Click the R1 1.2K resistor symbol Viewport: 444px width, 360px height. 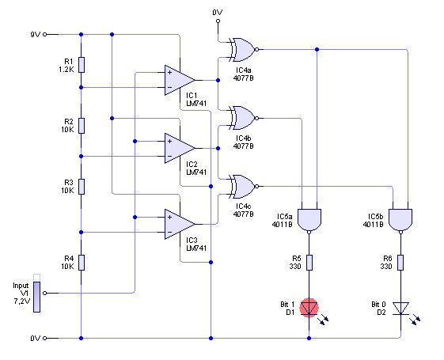click(x=82, y=65)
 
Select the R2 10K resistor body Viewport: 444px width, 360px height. click(x=82, y=126)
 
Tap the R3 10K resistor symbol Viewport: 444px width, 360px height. click(x=82, y=187)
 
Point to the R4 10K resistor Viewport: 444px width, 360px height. click(x=82, y=263)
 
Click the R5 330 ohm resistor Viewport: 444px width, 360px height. click(x=309, y=263)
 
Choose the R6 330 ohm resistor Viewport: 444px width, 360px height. click(x=400, y=263)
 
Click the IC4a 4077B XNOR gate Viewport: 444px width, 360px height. click(x=244, y=50)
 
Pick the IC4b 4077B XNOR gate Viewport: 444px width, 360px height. click(x=244, y=118)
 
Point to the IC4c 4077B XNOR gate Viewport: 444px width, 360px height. click(x=244, y=187)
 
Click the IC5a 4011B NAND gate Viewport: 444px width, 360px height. click(x=309, y=221)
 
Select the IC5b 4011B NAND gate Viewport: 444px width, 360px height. click(x=400, y=221)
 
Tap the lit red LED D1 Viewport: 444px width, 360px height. click(x=309, y=308)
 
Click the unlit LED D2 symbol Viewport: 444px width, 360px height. click(x=400, y=309)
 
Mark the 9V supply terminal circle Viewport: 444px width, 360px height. click(x=44, y=34)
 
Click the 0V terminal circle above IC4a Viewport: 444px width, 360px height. click(x=218, y=21)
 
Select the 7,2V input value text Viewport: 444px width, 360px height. click(x=22, y=301)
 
